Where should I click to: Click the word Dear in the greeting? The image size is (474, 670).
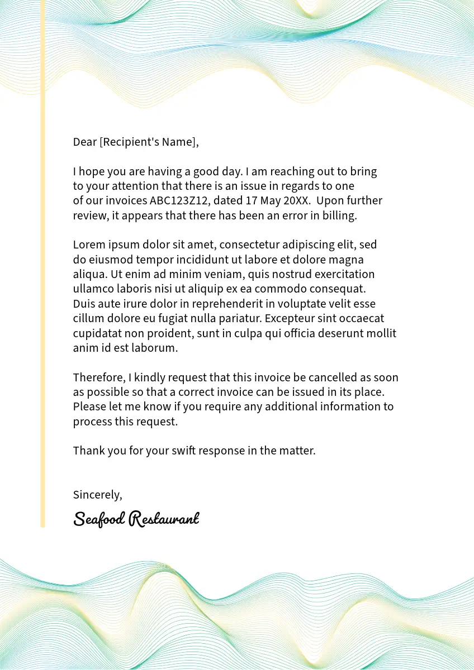(85, 142)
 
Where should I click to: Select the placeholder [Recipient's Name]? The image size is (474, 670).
(148, 142)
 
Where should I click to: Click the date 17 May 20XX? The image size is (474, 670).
(273, 200)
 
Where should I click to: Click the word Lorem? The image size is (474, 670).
(88, 245)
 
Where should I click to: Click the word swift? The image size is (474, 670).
(183, 451)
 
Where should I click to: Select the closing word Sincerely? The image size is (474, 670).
(97, 495)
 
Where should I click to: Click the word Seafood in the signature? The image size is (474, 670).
(99, 519)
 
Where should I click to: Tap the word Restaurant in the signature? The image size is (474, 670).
(164, 519)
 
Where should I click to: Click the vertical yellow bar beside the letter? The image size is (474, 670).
(42, 279)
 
